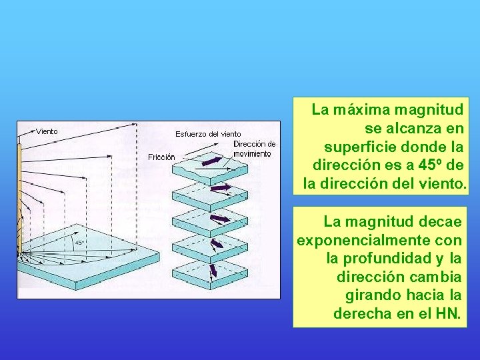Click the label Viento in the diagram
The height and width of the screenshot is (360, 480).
[x=47, y=131]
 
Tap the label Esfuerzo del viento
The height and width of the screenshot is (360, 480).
[x=208, y=134]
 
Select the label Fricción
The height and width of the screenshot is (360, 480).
[x=161, y=157]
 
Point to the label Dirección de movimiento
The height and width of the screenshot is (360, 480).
[x=253, y=149]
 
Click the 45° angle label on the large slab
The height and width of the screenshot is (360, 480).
[x=79, y=243]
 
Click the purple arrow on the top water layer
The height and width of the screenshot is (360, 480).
[x=212, y=161]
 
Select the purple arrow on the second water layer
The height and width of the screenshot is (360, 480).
[x=219, y=187]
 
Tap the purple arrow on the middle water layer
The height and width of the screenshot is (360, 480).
[x=219, y=218]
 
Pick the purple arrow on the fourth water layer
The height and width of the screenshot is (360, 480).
[x=217, y=243]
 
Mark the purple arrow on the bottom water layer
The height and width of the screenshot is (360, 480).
[x=213, y=271]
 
